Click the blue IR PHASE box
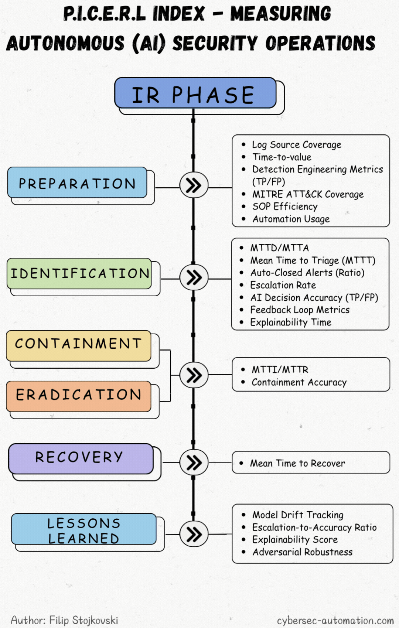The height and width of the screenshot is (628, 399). pos(195,93)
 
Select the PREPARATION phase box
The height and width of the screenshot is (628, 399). pos(77,182)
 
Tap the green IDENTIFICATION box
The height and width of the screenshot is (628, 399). pos(79,274)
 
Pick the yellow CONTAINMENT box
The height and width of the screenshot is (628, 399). pos(79,346)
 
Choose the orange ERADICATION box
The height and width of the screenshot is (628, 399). pos(79,396)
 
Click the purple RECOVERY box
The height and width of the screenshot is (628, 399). pos(81,459)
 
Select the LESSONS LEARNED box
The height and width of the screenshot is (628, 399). pos(84,529)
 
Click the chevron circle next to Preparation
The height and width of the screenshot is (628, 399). pos(194,185)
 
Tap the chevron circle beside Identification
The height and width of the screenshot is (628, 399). pos(194,277)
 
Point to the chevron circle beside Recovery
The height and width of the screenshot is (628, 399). pos(194,462)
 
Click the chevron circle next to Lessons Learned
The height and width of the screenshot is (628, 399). pos(194,533)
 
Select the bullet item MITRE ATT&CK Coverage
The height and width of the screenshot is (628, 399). pos(308,194)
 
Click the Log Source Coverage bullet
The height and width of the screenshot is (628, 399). pos(297,145)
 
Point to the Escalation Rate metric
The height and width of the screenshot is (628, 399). pos(283,285)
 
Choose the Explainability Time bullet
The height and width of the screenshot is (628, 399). pos(291,322)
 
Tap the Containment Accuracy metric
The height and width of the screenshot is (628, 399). pos(299,382)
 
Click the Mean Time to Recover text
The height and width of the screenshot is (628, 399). pos(297,463)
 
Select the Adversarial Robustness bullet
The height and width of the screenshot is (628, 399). pos(302,552)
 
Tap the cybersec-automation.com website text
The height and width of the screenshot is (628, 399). pos(335,621)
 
